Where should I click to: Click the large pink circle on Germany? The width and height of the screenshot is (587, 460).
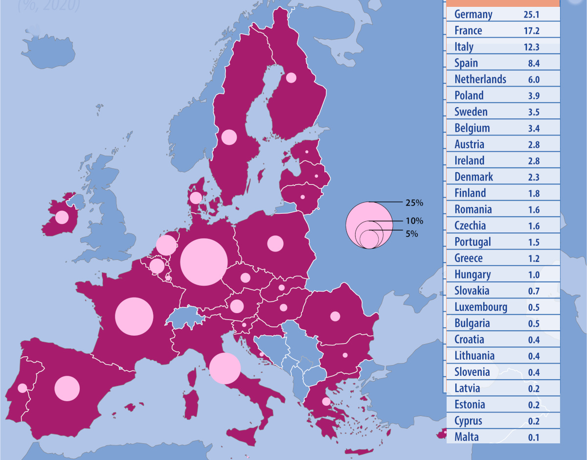pos(203,262)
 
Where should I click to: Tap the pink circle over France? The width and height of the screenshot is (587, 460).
pos(134,316)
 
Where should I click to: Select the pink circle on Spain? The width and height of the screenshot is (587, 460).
pos(67,388)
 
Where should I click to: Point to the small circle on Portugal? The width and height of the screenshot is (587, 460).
pos(22,388)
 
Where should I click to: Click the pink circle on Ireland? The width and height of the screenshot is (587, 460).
pos(62,217)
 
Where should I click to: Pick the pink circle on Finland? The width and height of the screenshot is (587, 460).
pos(291,77)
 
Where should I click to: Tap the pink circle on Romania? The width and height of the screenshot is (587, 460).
pos(335,316)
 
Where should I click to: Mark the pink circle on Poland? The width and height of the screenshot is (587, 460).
pos(275,243)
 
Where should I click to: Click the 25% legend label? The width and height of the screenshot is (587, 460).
pos(414,202)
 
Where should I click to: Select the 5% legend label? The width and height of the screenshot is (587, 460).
pos(411,234)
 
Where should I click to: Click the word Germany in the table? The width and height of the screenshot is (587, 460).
pos(473,14)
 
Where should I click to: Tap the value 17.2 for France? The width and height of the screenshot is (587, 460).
pos(531,31)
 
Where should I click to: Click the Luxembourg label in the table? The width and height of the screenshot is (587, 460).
pos(480,307)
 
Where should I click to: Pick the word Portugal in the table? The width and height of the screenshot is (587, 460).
pos(472,242)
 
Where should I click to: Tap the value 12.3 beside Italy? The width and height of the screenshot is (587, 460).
pos(531,47)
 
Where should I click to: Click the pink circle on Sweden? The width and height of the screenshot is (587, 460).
pos(228,137)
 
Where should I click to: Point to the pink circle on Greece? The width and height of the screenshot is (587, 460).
pos(326,402)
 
